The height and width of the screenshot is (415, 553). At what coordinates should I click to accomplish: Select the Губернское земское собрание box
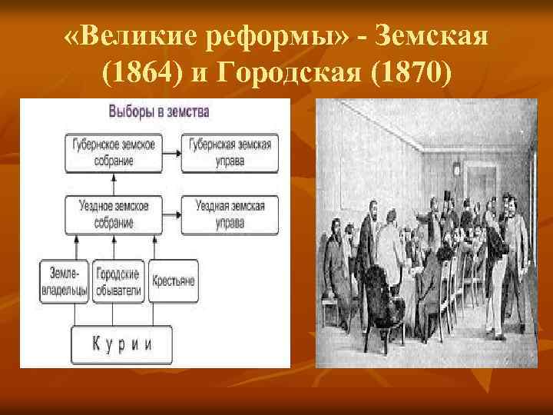[112, 152]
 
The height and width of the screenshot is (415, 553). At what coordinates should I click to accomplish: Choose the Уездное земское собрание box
[112, 214]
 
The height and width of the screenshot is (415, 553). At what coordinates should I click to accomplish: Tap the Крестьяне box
[172, 281]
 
